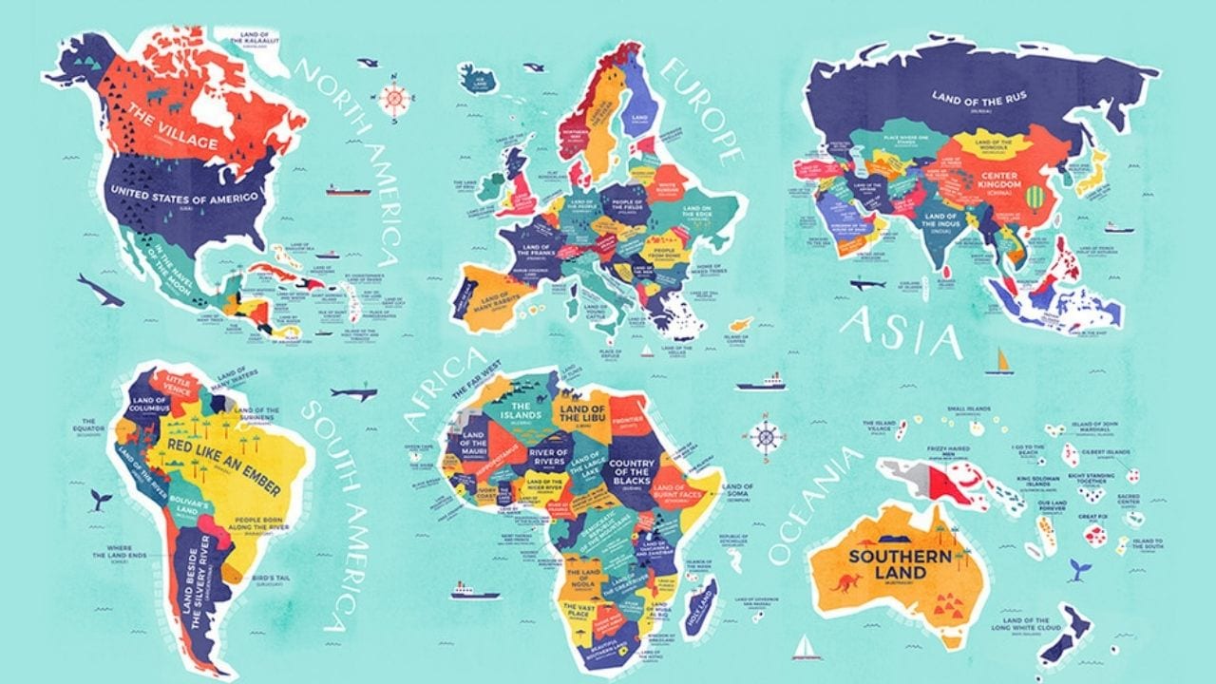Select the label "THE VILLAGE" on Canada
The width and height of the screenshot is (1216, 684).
click(174, 132)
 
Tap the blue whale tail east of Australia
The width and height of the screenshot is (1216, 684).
click(1077, 569)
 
